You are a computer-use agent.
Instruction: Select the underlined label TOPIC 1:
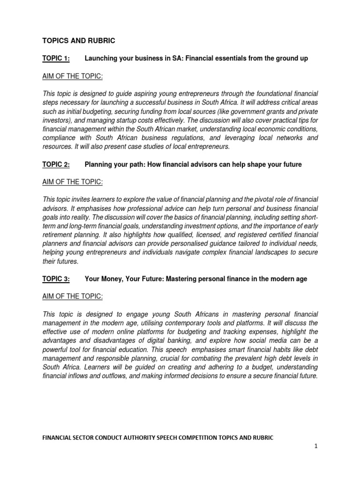[x=56, y=58]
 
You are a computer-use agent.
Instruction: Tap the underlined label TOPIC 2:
[x=56, y=165]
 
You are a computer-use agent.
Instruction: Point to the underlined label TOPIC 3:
[x=56, y=279]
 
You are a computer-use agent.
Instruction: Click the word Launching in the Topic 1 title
[x=102, y=58]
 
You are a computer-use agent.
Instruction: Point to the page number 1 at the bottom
[x=316, y=447]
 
